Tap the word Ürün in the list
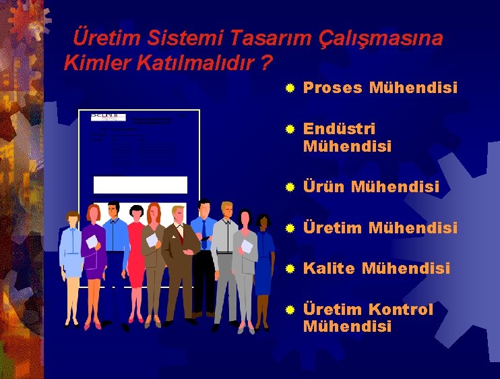click(x=323, y=187)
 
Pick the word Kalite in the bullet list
click(x=328, y=268)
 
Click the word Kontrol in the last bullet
click(x=401, y=310)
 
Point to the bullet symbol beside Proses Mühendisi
click(x=290, y=88)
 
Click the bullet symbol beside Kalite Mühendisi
click(x=290, y=269)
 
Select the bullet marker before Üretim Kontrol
click(x=290, y=310)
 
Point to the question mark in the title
click(x=267, y=63)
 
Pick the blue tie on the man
click(x=204, y=233)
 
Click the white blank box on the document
click(x=140, y=185)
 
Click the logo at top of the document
click(x=108, y=117)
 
